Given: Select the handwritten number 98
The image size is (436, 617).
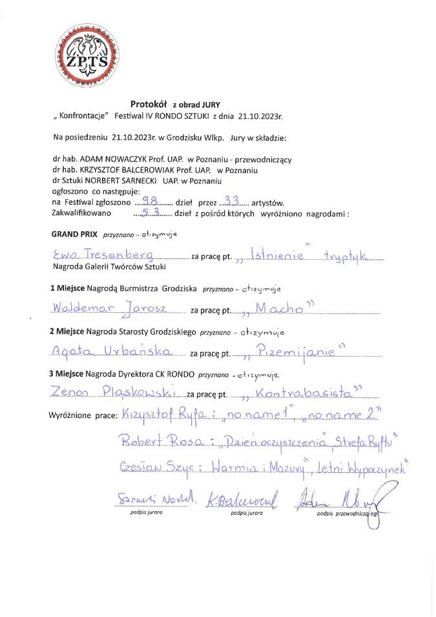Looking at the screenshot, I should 154,201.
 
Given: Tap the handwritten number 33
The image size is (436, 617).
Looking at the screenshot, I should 231,200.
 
